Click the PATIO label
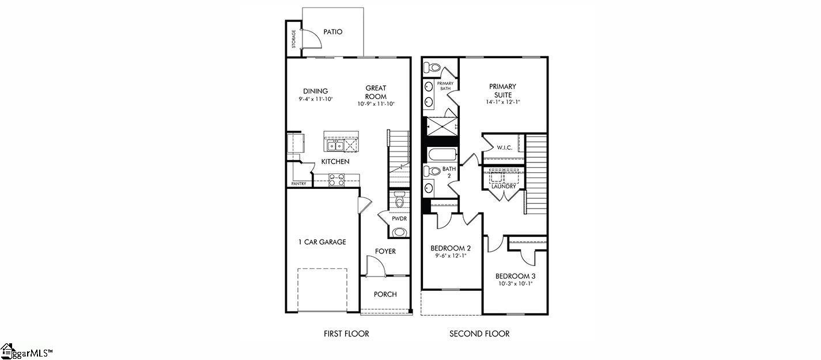(332, 32)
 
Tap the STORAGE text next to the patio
(293, 39)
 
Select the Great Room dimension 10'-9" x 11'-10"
(376, 104)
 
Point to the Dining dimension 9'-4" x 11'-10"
(316, 99)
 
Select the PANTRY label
(298, 184)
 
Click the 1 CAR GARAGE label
(322, 242)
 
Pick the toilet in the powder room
(400, 200)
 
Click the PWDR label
(399, 219)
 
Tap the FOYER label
(385, 252)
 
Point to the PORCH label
(385, 294)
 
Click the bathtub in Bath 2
(442, 154)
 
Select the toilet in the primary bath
(433, 68)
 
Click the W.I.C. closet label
(505, 148)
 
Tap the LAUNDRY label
(504, 187)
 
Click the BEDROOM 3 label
(514, 275)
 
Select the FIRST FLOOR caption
(346, 334)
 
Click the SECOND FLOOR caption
(479, 334)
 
